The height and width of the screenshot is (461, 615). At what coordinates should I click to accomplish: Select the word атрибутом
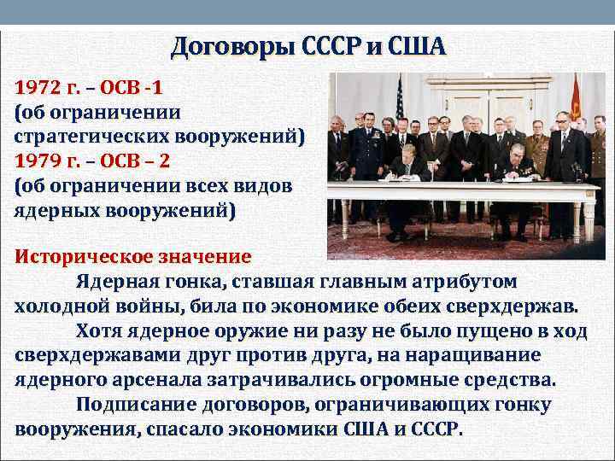click(462, 281)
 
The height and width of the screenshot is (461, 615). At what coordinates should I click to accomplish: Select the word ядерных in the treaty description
click(52, 209)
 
